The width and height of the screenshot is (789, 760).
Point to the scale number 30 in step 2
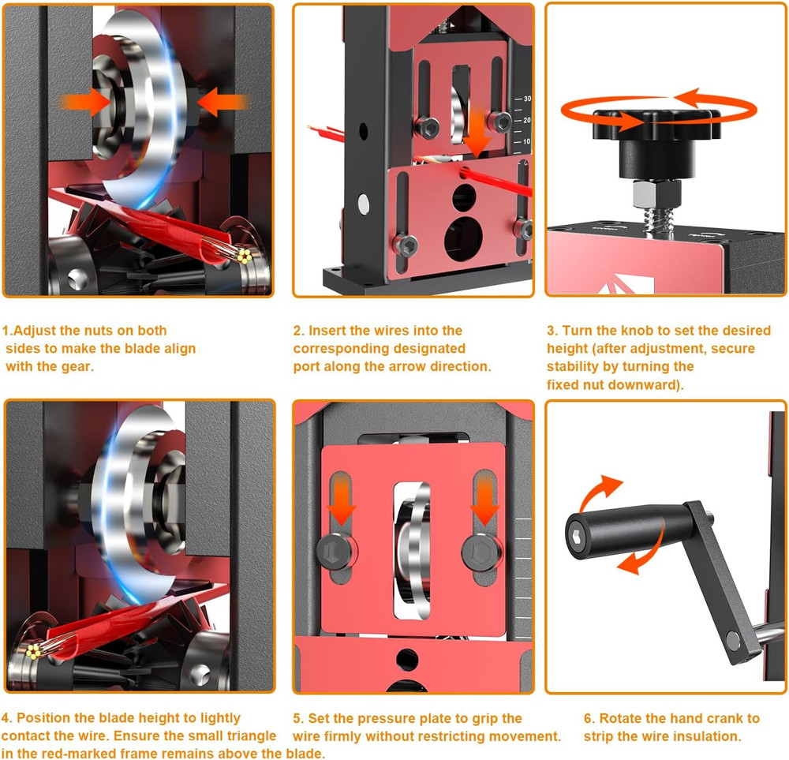click(527, 99)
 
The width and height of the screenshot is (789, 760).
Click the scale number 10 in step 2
click(527, 141)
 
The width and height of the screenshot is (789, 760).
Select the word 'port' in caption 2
click(308, 366)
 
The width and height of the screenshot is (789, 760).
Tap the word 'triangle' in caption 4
click(250, 736)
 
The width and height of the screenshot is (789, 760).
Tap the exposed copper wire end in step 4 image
click(35, 650)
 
